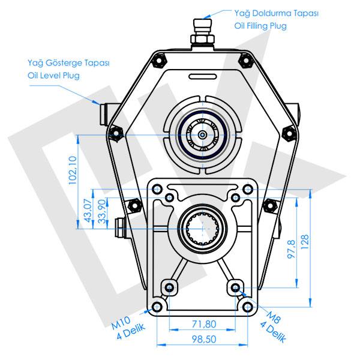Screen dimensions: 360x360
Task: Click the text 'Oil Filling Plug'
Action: [260, 26]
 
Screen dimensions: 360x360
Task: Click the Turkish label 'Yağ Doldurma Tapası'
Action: [276, 13]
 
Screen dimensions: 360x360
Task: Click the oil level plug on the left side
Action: [100, 112]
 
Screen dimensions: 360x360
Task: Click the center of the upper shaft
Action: [204, 135]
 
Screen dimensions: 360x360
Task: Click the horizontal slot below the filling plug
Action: [202, 76]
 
